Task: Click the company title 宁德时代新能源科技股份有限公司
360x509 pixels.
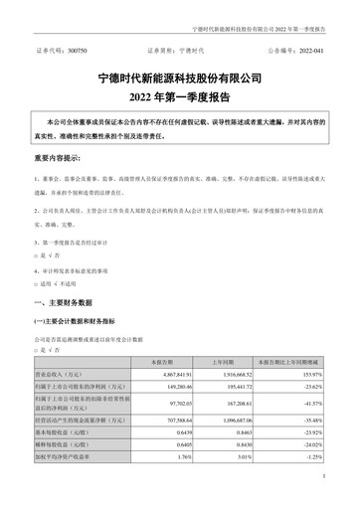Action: coord(180,77)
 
